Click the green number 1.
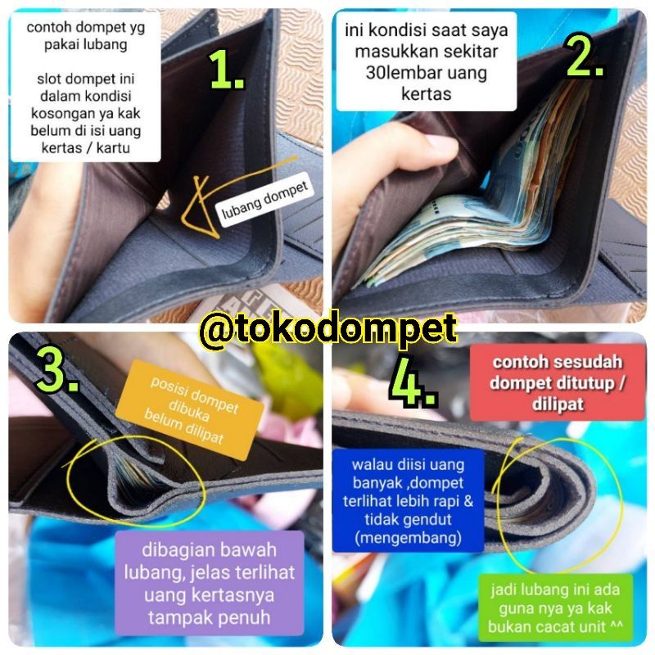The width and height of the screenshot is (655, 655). coord(226,69)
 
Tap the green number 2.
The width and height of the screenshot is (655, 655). coord(585,55)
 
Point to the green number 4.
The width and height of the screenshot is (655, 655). coord(413,383)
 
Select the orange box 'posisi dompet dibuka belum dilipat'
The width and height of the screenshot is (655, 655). coord(190,410)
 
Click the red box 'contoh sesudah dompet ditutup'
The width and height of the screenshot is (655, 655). coord(558,382)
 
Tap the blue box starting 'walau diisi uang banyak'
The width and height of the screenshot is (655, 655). coord(408,501)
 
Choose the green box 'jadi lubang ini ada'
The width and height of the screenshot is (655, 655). coord(555,608)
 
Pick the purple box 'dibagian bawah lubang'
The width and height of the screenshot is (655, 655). coord(210,583)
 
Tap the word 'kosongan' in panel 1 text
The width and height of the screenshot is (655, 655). coord(58,113)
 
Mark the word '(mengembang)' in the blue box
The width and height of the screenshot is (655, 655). coord(408,538)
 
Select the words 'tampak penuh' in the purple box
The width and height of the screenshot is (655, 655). coord(210,617)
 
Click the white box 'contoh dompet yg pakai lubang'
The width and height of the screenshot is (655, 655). coord(86,87)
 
